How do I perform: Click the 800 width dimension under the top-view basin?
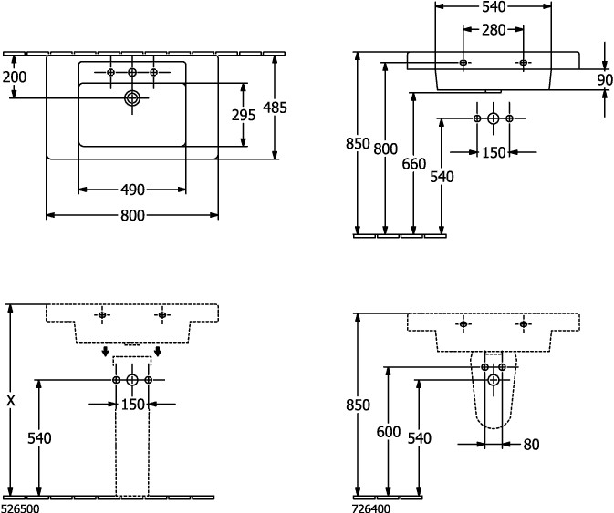tap(132, 216)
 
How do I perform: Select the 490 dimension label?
tap(132, 190)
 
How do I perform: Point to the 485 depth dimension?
tap(275, 107)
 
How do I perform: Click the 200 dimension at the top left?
tap(14, 77)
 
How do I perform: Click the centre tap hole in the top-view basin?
tap(132, 72)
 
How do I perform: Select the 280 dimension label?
tap(493, 29)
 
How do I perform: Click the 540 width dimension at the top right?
tap(493, 7)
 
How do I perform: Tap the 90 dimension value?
tap(605, 79)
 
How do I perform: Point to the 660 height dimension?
tap(414, 164)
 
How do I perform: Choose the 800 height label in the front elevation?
tap(387, 149)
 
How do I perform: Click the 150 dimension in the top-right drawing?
tap(493, 152)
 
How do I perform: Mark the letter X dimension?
tap(10, 399)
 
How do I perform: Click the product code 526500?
tap(19, 507)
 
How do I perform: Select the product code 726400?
tap(371, 507)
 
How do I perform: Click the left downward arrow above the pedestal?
tap(106, 352)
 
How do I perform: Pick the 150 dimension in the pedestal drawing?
tap(133, 405)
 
